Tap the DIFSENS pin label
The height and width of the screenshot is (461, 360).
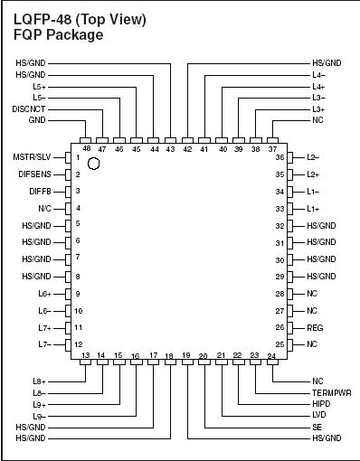[34, 174]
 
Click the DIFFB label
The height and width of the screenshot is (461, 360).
[41, 191]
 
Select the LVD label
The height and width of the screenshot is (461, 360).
[318, 415]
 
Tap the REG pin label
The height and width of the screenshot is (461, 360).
[315, 327]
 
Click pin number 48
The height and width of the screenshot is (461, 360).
[86, 147]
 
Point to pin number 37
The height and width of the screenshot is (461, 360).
[272, 147]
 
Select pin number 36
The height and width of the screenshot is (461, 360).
[279, 156]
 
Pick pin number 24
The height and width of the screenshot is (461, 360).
[271, 355]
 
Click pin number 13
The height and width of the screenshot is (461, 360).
[86, 355]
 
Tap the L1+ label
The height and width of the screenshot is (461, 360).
[313, 209]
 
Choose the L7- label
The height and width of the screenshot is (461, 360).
[44, 344]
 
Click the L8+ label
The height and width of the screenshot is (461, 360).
[39, 381]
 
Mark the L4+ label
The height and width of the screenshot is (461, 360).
[318, 85]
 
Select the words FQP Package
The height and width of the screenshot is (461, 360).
[58, 34]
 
